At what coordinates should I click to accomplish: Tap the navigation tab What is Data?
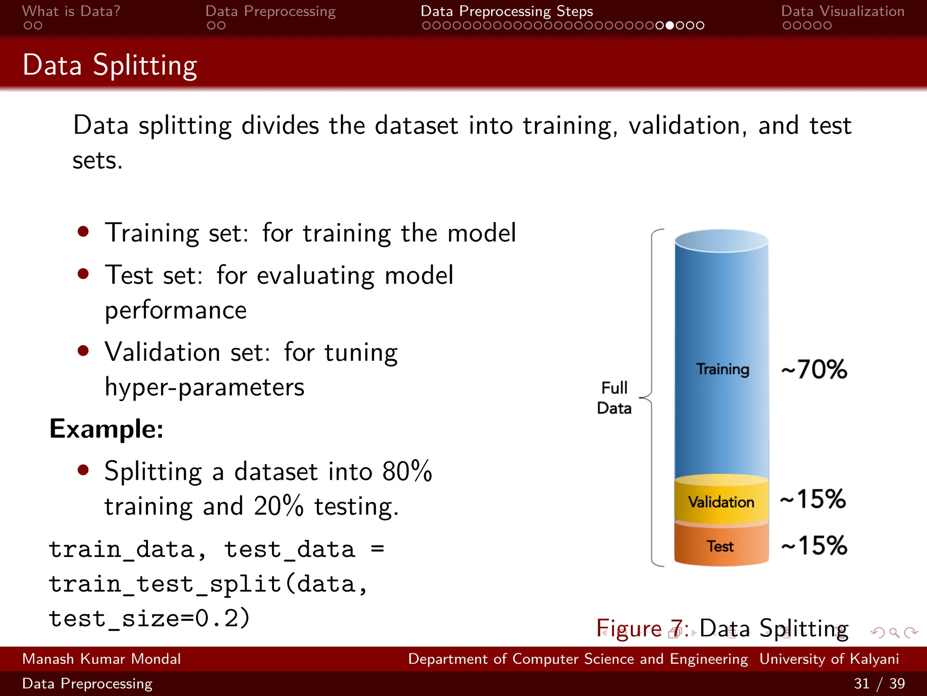pyautogui.click(x=71, y=11)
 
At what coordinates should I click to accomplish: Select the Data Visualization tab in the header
pyautogui.click(x=842, y=11)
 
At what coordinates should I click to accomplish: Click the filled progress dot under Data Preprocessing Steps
pyautogui.click(x=670, y=25)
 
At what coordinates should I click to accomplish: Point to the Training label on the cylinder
pyautogui.click(x=722, y=369)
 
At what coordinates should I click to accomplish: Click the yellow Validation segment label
pyautogui.click(x=721, y=502)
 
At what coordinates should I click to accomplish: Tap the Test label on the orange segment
pyautogui.click(x=720, y=546)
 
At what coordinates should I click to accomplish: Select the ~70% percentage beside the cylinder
pyautogui.click(x=814, y=369)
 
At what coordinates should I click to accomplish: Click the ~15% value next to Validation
pyautogui.click(x=813, y=499)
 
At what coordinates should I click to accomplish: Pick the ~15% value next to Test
pyautogui.click(x=814, y=545)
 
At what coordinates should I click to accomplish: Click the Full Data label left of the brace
pyautogui.click(x=614, y=398)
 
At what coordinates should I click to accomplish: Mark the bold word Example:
pyautogui.click(x=106, y=429)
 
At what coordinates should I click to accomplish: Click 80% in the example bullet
pyautogui.click(x=407, y=471)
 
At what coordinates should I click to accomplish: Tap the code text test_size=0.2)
pyautogui.click(x=149, y=618)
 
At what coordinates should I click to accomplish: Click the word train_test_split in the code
pyautogui.click(x=165, y=584)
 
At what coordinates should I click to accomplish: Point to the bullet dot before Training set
pyautogui.click(x=83, y=232)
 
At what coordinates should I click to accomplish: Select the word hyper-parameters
pyautogui.click(x=205, y=387)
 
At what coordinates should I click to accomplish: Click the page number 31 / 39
pyautogui.click(x=879, y=683)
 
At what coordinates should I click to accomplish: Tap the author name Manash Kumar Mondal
pyautogui.click(x=101, y=659)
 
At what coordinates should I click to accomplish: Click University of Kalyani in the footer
pyautogui.click(x=829, y=659)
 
